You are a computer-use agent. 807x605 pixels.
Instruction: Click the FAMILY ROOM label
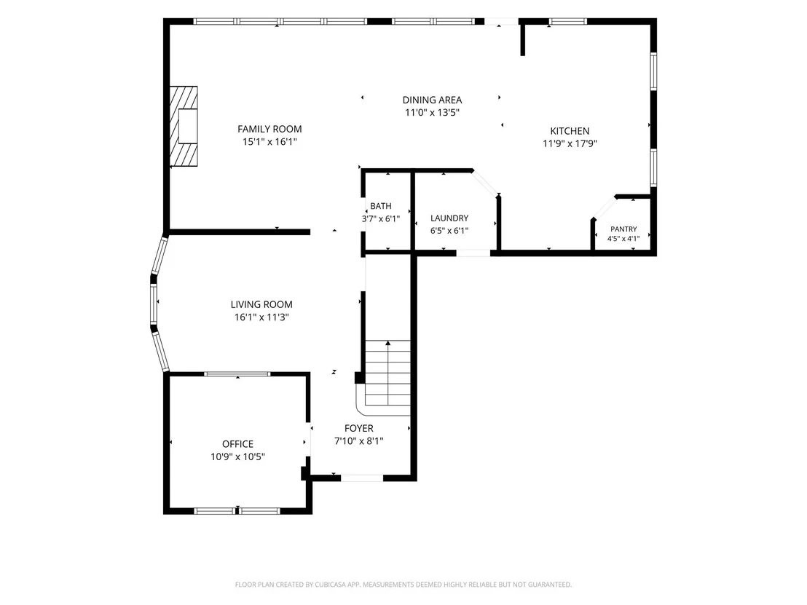(x=269, y=129)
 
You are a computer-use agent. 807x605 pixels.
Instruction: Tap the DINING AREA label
(x=433, y=100)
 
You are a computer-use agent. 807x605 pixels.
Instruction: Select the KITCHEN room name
(x=570, y=131)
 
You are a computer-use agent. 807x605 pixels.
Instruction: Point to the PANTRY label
(x=623, y=229)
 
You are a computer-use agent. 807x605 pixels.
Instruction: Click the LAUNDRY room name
(x=449, y=218)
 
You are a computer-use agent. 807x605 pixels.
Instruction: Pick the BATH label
(x=381, y=206)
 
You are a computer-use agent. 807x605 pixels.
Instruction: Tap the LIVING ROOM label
(x=261, y=304)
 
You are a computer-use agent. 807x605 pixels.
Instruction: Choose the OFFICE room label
(x=237, y=444)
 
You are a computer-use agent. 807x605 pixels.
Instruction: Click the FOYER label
(x=359, y=428)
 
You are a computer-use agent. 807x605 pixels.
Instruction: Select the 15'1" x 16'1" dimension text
(x=269, y=141)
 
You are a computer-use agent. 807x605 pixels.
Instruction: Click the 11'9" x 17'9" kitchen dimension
(x=570, y=143)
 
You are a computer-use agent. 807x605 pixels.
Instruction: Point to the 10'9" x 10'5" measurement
(x=237, y=456)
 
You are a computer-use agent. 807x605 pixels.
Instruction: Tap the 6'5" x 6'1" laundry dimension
(x=449, y=231)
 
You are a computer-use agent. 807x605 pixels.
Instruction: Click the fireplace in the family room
(x=184, y=126)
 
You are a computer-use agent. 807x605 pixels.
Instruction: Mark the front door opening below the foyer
(x=362, y=478)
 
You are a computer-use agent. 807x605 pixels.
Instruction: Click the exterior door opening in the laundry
(x=473, y=253)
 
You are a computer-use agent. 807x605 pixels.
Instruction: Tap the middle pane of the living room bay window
(x=154, y=304)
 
